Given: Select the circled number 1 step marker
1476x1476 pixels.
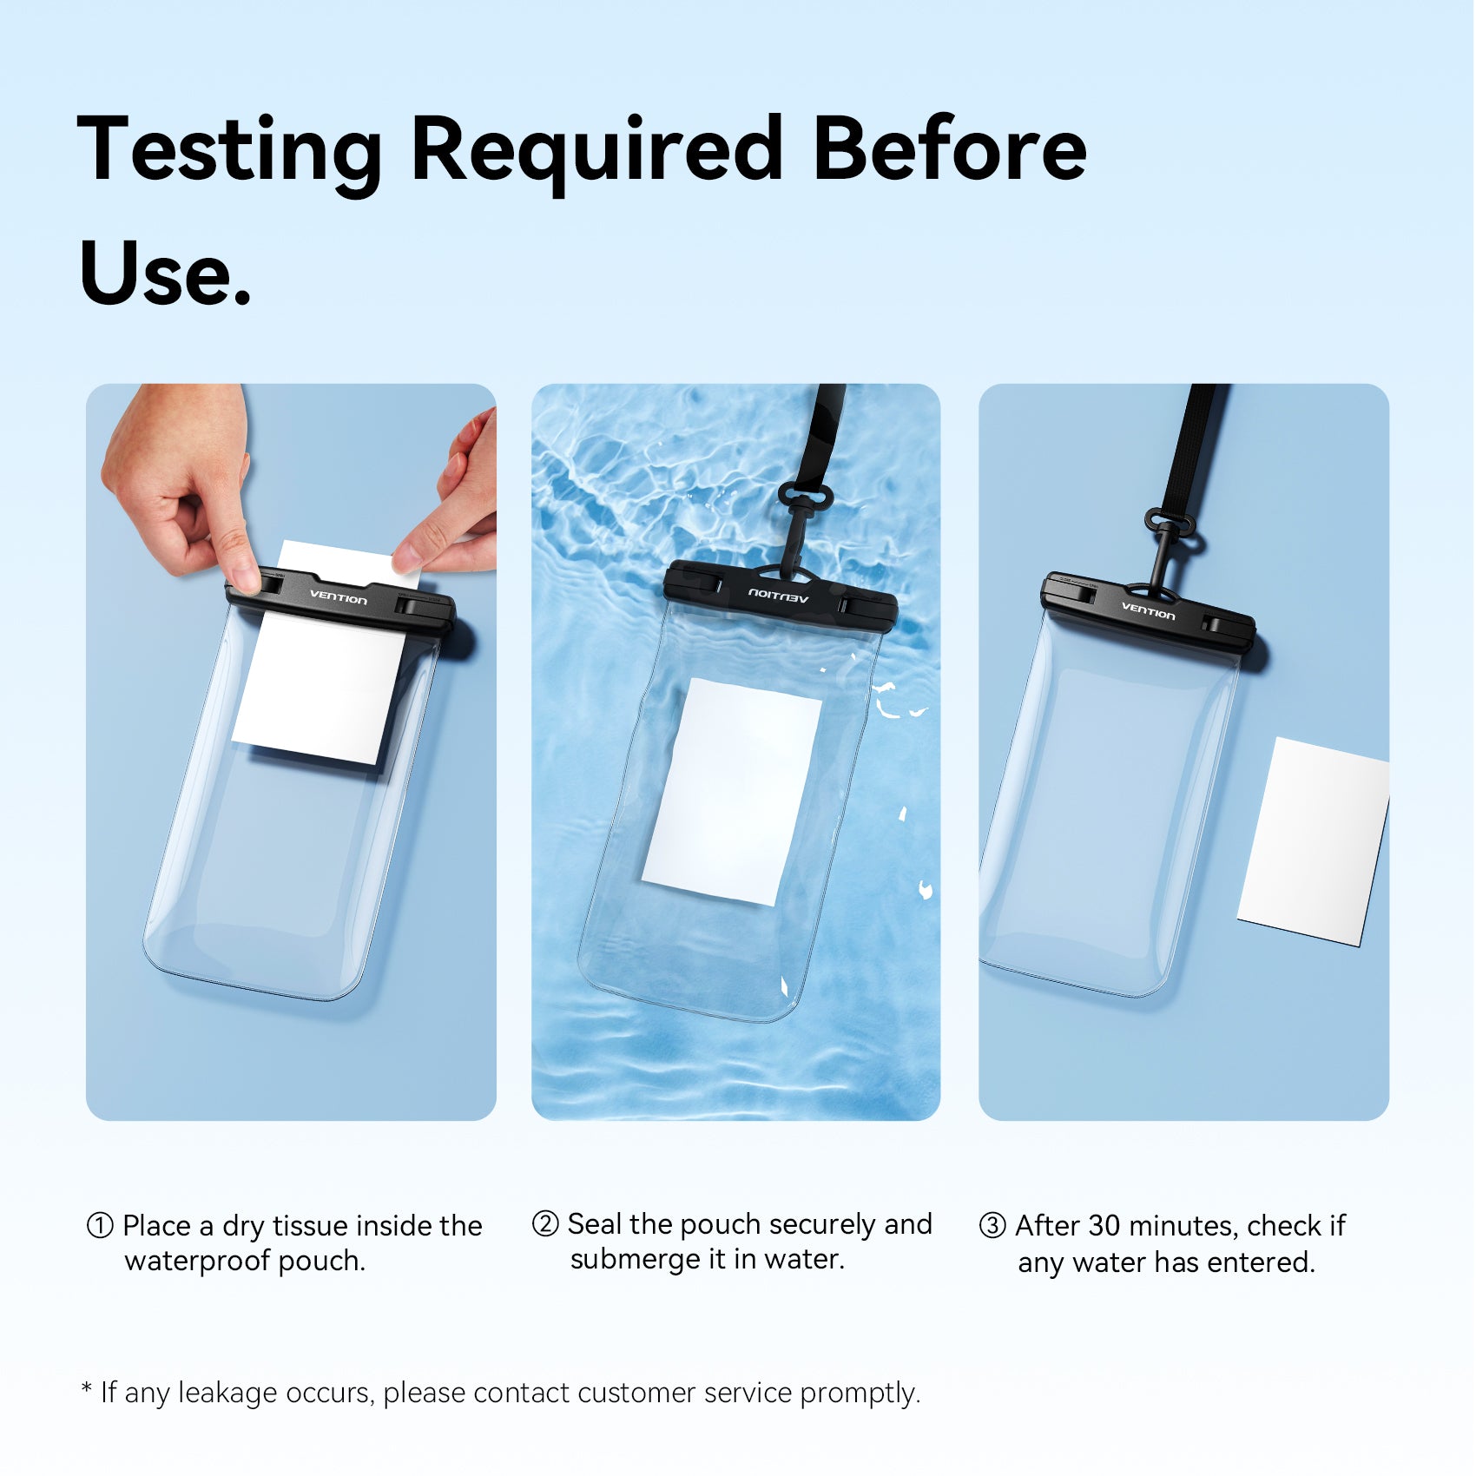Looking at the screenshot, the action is (100, 1226).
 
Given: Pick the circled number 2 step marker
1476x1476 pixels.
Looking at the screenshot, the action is (545, 1224).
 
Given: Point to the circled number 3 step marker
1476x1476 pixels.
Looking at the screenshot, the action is (992, 1226).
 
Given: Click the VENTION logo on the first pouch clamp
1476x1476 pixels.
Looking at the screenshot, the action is (339, 597).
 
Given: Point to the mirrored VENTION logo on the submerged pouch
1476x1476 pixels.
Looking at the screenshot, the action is (779, 596).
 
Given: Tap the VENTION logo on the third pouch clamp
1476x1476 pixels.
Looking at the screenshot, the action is (1148, 610).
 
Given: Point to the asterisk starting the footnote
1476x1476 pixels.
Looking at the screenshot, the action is (87, 1387).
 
